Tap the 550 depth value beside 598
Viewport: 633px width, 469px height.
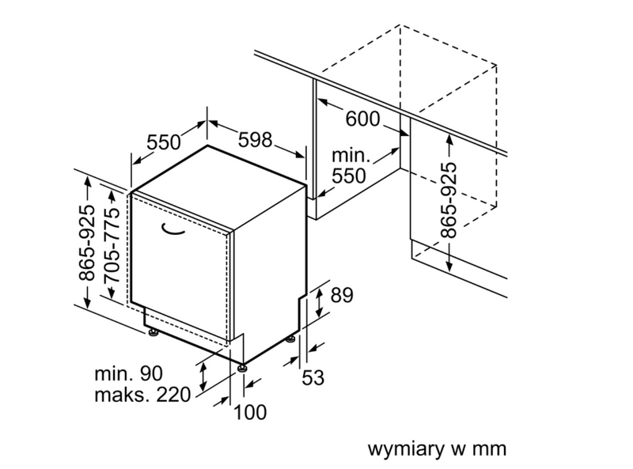(x=164, y=142)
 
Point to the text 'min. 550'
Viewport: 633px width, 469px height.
(x=348, y=165)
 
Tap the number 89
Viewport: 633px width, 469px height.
(x=341, y=296)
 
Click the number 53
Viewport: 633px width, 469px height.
(x=313, y=377)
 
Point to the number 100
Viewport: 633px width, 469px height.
(x=250, y=412)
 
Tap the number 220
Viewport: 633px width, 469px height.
(x=173, y=394)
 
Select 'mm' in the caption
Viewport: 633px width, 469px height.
(x=490, y=448)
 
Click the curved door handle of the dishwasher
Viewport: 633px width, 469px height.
(x=171, y=230)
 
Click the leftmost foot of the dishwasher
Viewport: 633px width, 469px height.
(x=150, y=332)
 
